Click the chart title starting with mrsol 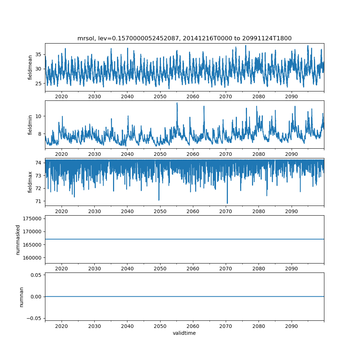tap(184, 38)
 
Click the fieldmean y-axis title tap(31, 67)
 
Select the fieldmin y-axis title tap(31, 125)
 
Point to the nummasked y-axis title tap(18, 240)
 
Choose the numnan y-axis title tap(21, 297)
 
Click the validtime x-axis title tap(184, 333)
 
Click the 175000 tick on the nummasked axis tap(31, 219)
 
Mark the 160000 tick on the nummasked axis tap(31, 258)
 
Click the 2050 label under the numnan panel tap(160, 326)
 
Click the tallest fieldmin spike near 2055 tap(177, 103)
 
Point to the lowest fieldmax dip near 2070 tap(227, 203)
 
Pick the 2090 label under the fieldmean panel tap(291, 96)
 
